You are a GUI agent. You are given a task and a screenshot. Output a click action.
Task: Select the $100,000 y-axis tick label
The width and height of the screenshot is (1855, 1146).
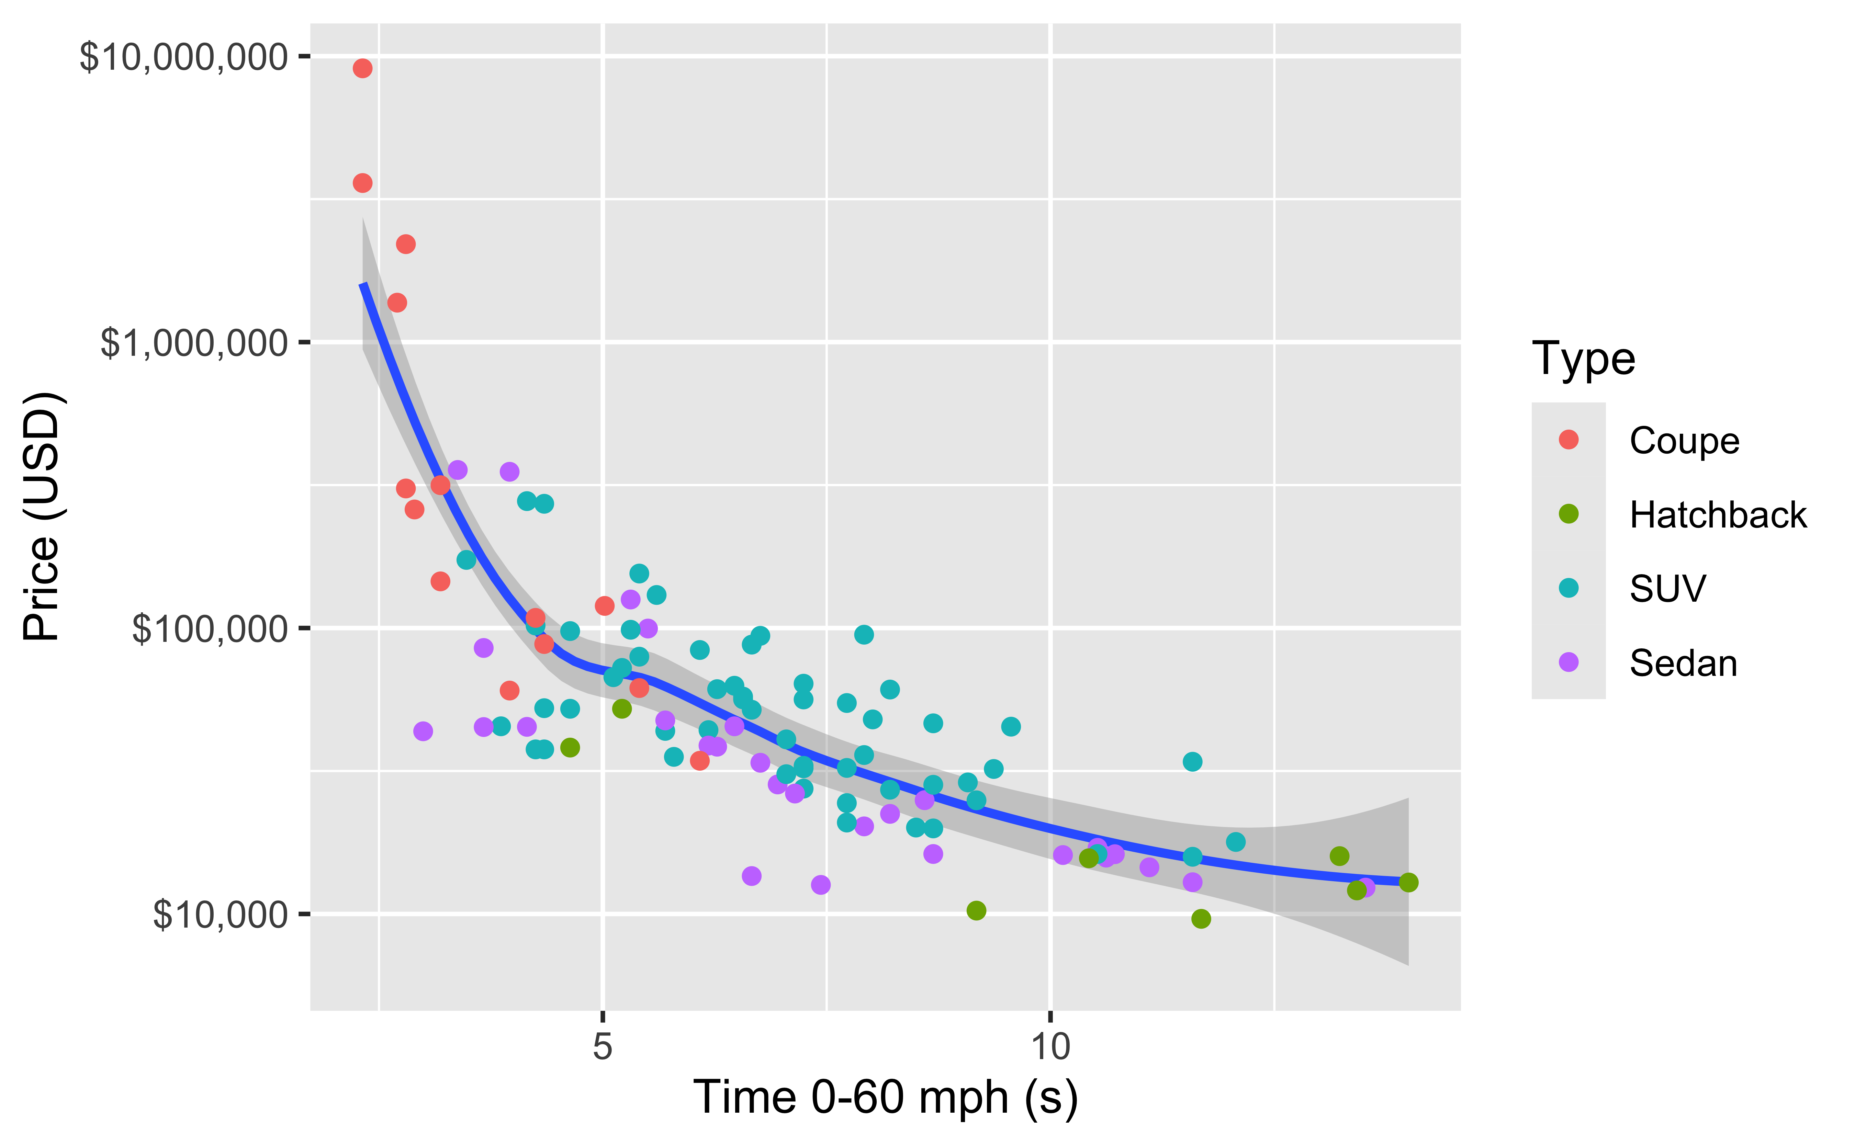click(210, 629)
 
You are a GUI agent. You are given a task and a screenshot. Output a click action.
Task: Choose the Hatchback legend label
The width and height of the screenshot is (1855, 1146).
click(1718, 515)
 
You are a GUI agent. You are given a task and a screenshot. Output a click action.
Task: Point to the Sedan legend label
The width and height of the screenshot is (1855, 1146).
click(1683, 663)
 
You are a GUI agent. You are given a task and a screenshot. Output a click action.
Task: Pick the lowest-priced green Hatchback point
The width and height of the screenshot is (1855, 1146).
click(1201, 919)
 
